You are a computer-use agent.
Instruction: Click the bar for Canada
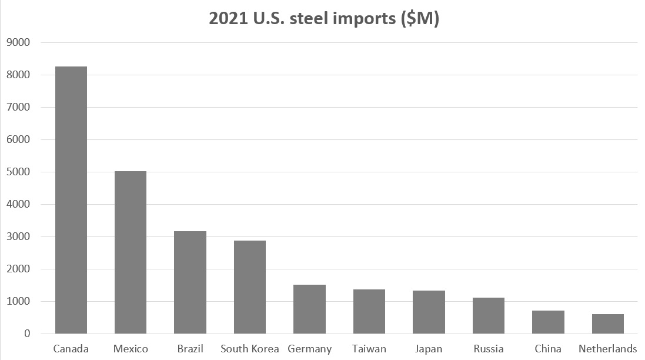tap(71, 200)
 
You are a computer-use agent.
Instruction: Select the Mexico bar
tap(131, 252)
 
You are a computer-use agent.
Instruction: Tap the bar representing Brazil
tap(190, 282)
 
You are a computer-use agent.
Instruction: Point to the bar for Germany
tap(309, 309)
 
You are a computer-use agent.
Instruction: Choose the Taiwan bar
tap(369, 312)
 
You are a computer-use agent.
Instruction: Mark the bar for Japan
tap(429, 312)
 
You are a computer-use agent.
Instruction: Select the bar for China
tap(548, 322)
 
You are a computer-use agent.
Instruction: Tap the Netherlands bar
tap(608, 324)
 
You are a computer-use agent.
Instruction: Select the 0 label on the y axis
tap(26, 334)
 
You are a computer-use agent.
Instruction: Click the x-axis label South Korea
tap(250, 349)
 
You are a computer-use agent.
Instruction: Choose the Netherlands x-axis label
tap(608, 349)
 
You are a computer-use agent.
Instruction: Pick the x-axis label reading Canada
tap(71, 349)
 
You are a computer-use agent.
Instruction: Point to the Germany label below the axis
tap(309, 349)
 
